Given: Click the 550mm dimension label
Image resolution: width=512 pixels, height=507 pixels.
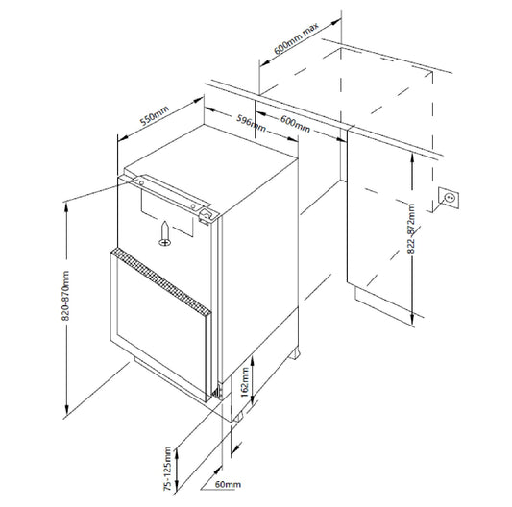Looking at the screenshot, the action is tap(155, 115).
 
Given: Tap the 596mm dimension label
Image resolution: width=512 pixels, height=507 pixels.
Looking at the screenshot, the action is tap(251, 123).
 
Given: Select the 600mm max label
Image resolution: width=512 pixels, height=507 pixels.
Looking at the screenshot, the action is tap(296, 38).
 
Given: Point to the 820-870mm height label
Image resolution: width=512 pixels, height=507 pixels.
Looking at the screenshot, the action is tap(65, 296).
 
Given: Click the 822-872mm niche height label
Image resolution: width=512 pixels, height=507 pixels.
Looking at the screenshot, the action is tap(411, 229).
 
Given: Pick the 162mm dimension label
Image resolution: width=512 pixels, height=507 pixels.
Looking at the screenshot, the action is tap(245, 382).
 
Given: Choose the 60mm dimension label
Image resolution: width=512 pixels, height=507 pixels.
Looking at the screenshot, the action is tap(228, 485).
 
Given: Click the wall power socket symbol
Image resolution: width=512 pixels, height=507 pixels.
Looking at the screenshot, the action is tap(449, 198).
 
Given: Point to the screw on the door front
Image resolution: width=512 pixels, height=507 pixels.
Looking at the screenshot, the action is tap(165, 233).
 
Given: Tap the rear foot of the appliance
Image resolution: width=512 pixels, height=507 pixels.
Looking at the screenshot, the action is tap(294, 354).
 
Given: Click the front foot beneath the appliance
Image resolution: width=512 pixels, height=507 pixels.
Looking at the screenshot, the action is tap(237, 418).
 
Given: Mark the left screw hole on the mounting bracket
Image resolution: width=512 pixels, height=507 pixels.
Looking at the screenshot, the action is tap(141, 183).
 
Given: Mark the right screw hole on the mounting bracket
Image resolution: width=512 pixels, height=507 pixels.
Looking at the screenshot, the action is tap(193, 206).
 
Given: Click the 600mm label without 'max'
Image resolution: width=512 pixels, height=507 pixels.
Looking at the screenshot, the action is tap(295, 124).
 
